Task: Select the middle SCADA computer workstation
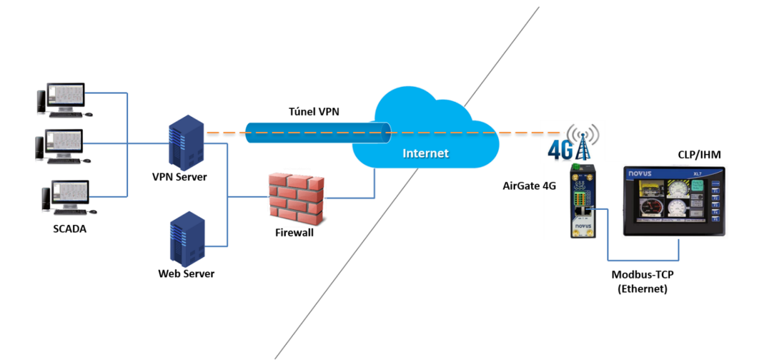[x=63, y=146]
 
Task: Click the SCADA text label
[x=70, y=229]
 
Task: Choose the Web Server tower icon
[x=187, y=238]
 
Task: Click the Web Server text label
[x=186, y=273]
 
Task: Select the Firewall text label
[x=294, y=232]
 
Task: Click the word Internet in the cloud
[x=426, y=153]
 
